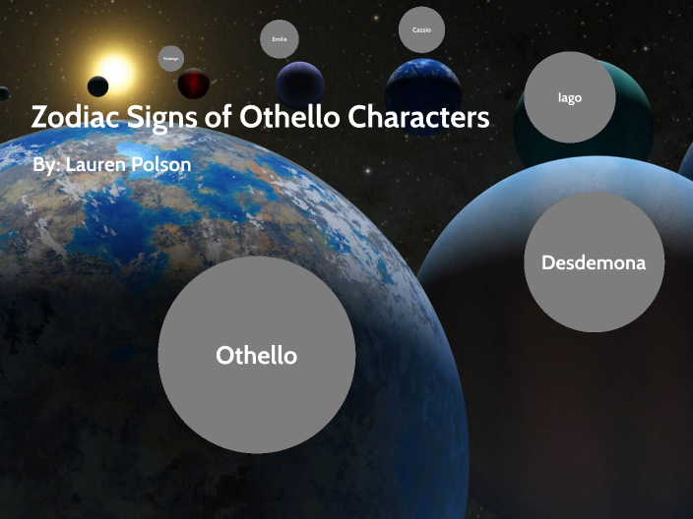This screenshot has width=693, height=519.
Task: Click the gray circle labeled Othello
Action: tap(256, 355)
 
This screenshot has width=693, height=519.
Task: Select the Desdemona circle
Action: tap(594, 262)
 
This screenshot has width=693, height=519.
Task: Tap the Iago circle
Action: tap(570, 97)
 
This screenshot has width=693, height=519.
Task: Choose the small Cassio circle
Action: tap(421, 30)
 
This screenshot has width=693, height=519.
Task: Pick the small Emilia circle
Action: tap(280, 39)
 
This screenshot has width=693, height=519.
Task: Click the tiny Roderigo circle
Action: tap(171, 59)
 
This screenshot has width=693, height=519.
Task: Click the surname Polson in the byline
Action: tap(163, 165)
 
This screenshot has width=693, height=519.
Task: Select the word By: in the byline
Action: tap(45, 165)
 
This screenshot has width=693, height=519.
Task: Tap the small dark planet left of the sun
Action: tap(97, 86)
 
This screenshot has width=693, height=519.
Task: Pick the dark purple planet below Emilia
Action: tap(300, 85)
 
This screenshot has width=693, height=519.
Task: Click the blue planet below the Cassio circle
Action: tap(423, 85)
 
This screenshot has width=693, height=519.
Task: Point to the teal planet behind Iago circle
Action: tap(630, 108)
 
